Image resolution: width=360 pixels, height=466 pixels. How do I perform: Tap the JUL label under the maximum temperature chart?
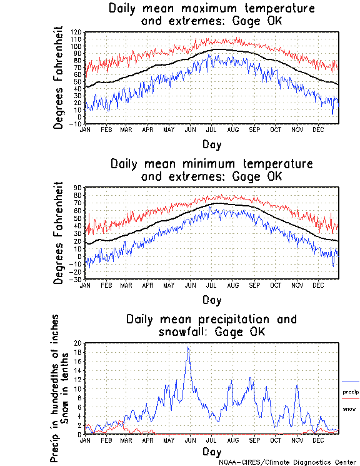(x=211, y=129)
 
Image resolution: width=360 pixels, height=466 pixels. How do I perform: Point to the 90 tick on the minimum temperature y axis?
(x=78, y=188)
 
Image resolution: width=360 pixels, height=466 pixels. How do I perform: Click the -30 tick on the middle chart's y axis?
(x=76, y=279)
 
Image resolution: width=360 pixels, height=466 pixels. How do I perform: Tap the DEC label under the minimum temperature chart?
(x=317, y=285)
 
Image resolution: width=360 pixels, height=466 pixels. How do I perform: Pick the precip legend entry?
(x=351, y=392)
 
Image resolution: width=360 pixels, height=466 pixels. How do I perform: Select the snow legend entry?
(x=349, y=408)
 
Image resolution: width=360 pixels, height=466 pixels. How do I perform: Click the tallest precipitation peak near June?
(x=188, y=348)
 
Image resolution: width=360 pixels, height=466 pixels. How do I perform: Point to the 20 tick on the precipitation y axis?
(x=78, y=343)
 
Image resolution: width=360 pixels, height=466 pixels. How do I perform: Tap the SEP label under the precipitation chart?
(x=254, y=440)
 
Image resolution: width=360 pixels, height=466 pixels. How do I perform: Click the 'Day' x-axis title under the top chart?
(x=211, y=144)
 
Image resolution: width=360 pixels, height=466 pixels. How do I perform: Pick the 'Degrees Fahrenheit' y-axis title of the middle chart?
(x=59, y=233)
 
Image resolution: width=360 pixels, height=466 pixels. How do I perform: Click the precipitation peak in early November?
(x=297, y=385)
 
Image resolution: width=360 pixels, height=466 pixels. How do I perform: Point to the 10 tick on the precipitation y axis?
(x=78, y=388)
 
